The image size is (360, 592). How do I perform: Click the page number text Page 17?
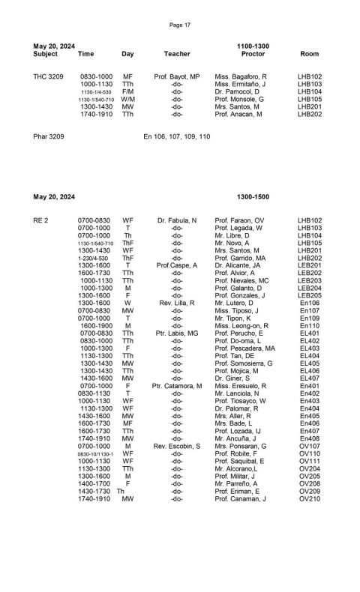tap(180, 25)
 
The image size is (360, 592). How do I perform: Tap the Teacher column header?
tap(177, 54)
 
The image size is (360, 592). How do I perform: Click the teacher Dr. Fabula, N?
tap(177, 220)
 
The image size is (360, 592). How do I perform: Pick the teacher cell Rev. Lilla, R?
tap(177, 303)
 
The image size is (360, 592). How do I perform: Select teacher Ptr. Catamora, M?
tap(177, 385)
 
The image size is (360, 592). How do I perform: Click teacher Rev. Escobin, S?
tap(177, 446)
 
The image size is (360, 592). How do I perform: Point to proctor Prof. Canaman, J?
tap(240, 498)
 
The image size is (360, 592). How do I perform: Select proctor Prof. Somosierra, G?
tap(244, 363)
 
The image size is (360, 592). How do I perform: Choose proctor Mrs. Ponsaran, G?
tap(242, 446)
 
